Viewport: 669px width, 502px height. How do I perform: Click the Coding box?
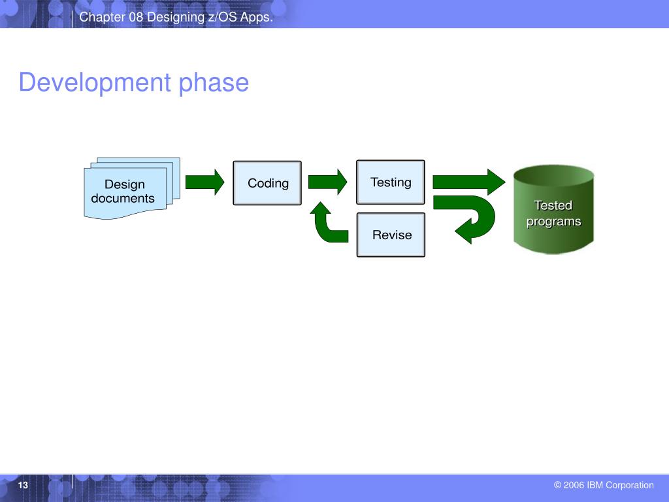[267, 183]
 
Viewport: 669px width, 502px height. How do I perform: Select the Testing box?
[391, 182]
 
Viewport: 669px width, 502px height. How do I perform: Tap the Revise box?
[391, 235]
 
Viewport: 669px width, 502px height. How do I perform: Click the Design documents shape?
[124, 191]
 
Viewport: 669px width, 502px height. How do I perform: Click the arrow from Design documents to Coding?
[204, 182]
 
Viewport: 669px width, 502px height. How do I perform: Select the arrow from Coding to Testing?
[327, 181]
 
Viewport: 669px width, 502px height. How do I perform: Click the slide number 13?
[24, 485]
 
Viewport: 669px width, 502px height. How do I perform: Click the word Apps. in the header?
[257, 18]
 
